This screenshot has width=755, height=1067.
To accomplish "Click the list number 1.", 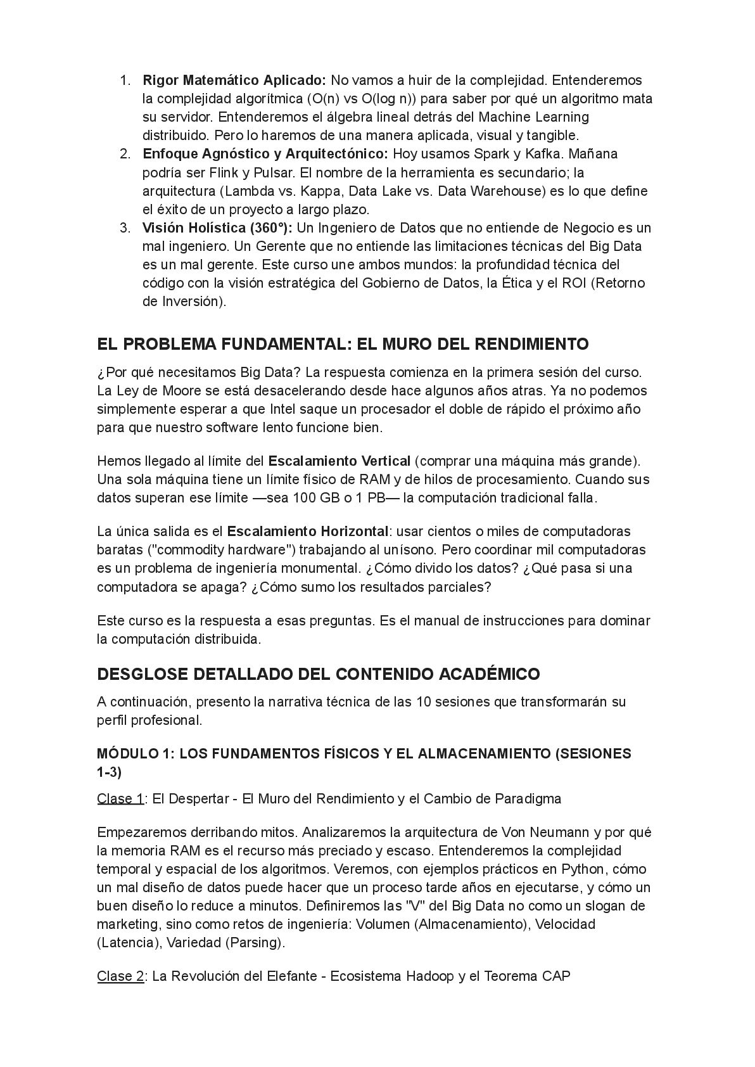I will coord(125,80).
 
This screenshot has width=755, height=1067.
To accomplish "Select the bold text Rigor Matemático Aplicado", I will coord(234,80).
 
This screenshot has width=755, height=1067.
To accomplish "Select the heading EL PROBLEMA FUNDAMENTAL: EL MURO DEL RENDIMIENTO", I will coord(343,344).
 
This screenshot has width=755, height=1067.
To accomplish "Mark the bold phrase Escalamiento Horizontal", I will coord(308,531).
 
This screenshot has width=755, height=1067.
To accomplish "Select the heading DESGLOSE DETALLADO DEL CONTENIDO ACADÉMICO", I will coord(318,674).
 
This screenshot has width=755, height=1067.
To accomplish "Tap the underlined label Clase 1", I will coord(120,798).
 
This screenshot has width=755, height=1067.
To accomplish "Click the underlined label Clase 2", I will coord(120,976).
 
